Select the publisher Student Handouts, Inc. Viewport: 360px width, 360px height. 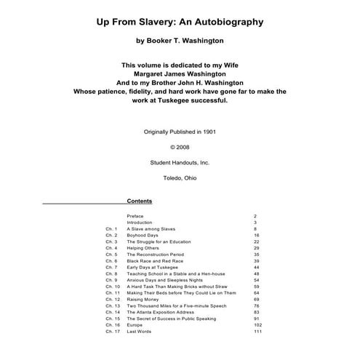pos(180,162)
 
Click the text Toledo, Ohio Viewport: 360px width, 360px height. pos(180,177)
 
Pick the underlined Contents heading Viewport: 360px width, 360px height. pos(140,201)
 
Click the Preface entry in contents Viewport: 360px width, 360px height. pos(135,216)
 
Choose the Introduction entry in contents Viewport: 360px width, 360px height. pos(140,223)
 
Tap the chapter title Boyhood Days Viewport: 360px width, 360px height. pos(143,236)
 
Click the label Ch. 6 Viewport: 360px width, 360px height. pos(111,261)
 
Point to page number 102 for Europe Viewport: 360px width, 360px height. pos(257,325)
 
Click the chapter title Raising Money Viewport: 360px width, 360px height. pos(144,300)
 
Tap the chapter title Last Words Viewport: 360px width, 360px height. pos(139,332)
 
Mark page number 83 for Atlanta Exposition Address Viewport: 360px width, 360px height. pos(257,312)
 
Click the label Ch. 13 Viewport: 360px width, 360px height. pos(113,306)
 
